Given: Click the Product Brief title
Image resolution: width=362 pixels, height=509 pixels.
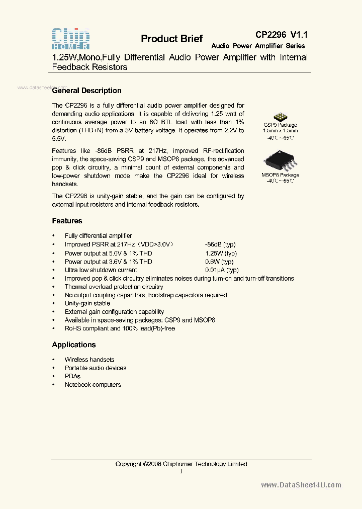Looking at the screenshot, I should click(171, 39).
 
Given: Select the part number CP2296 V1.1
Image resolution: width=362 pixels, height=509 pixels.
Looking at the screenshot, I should click(281, 35).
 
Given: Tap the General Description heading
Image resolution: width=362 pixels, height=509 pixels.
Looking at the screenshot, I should click(87, 91).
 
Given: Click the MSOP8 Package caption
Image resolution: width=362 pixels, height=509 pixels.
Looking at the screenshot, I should click(280, 175).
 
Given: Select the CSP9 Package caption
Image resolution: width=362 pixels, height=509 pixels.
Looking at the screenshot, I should click(280, 125).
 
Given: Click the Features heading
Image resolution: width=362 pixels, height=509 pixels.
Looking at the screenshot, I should click(67, 221).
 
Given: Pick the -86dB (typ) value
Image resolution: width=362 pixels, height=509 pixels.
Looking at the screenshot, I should click(221, 244).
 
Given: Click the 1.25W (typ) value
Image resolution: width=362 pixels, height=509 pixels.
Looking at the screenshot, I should click(221, 253).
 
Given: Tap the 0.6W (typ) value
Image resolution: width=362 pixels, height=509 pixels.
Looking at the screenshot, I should click(219, 262).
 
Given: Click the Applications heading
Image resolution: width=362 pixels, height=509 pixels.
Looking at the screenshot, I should click(74, 345).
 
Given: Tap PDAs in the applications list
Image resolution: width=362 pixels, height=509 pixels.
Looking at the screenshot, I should click(72, 376).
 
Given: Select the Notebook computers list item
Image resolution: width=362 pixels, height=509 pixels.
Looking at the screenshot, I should click(93, 385).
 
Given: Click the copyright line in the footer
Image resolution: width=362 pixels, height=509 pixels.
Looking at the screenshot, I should click(181, 464).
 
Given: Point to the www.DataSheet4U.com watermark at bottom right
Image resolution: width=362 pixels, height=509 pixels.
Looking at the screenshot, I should click(301, 485).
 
